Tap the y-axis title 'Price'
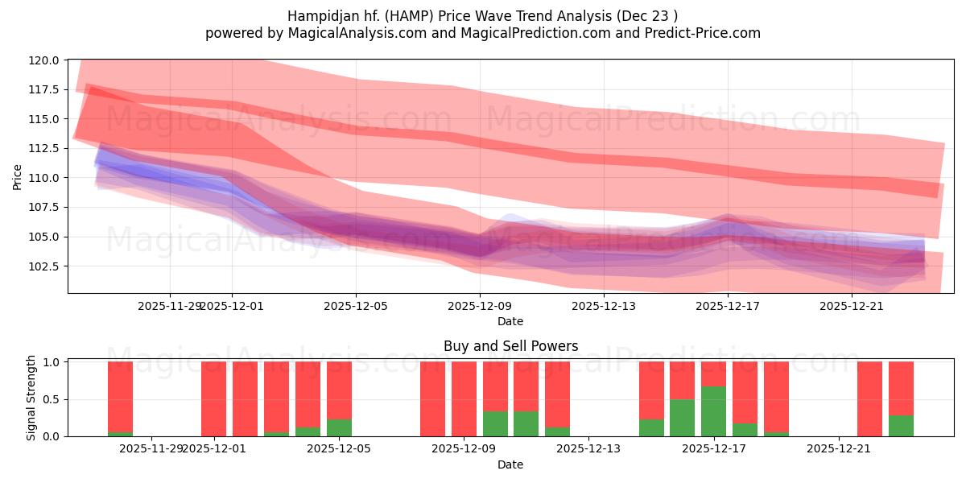pos(18,176)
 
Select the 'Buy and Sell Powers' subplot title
pos(510,346)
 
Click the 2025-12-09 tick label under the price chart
pos(480,306)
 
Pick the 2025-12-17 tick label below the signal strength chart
pos(713,448)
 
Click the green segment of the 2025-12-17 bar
pos(713,411)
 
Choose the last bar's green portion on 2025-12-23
pos(901,426)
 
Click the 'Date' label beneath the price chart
pos(510,321)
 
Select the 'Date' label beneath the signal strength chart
pos(510,464)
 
